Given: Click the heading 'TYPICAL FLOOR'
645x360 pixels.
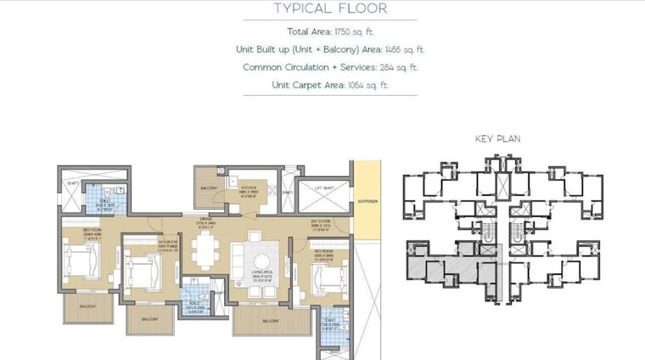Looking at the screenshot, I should tap(331, 9).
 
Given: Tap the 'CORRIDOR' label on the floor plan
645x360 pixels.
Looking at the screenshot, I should tap(367, 202).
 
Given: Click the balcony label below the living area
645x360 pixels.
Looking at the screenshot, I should tap(271, 321).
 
